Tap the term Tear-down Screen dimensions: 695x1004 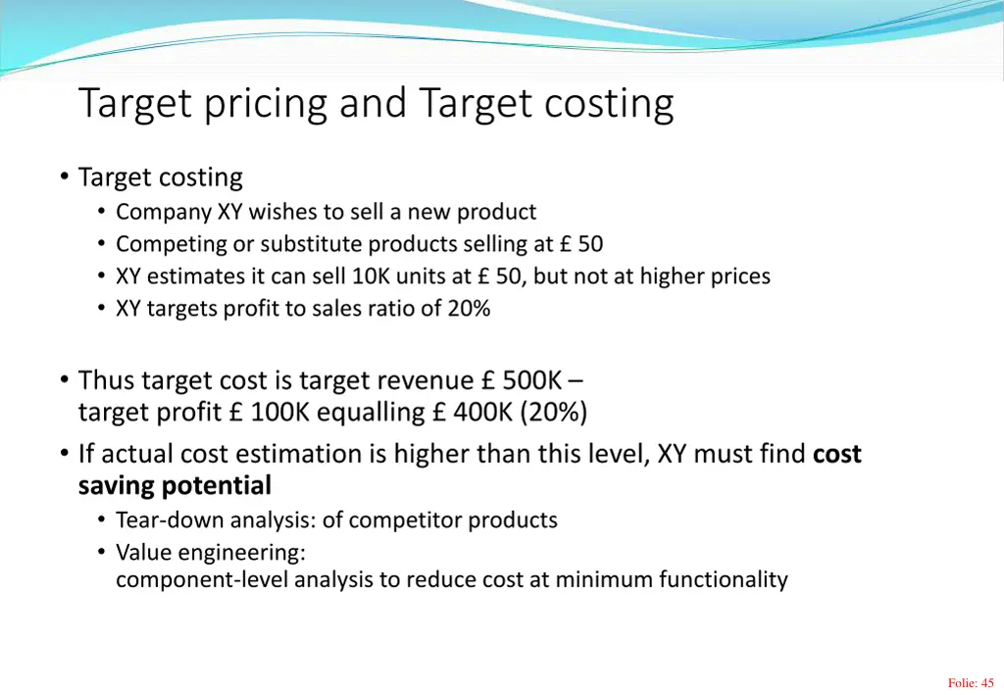[x=161, y=520]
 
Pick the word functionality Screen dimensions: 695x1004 [x=723, y=579]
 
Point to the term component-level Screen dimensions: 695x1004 [x=202, y=579]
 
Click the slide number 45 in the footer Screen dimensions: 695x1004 [x=987, y=683]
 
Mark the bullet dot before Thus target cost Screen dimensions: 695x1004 [x=63, y=379]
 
